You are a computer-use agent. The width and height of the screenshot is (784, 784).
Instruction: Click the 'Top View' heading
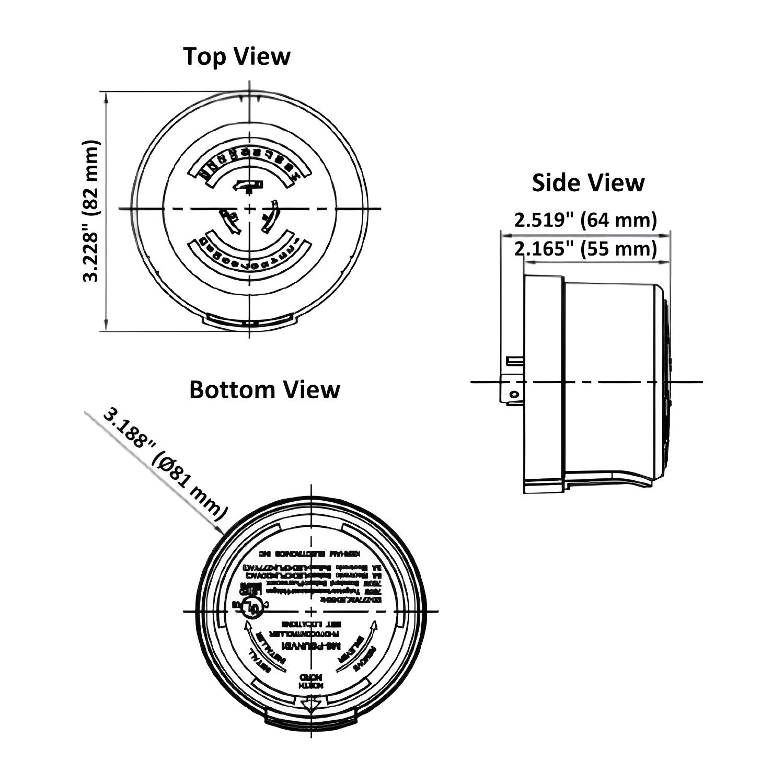pyautogui.click(x=237, y=56)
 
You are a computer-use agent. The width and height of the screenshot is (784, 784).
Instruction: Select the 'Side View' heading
pyautogui.click(x=588, y=183)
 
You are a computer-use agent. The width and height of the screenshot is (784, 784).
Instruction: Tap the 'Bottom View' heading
pyautogui.click(x=264, y=390)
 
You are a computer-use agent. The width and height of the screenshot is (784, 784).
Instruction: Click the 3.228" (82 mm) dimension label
pyautogui.click(x=91, y=211)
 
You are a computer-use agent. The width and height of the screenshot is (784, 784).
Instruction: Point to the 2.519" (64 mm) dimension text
pyautogui.click(x=585, y=220)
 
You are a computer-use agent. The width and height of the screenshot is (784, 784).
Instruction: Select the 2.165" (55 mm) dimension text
pyautogui.click(x=585, y=248)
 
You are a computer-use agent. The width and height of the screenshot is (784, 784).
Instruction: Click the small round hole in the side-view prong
pyautogui.click(x=514, y=393)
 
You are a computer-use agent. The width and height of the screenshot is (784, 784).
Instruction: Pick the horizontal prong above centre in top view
pyautogui.click(x=248, y=186)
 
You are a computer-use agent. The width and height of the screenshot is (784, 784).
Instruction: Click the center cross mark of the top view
pyautogui.click(x=250, y=209)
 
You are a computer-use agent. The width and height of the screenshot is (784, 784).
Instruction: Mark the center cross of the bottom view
pyautogui.click(x=312, y=611)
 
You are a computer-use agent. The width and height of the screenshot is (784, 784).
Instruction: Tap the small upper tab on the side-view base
pyautogui.click(x=514, y=360)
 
